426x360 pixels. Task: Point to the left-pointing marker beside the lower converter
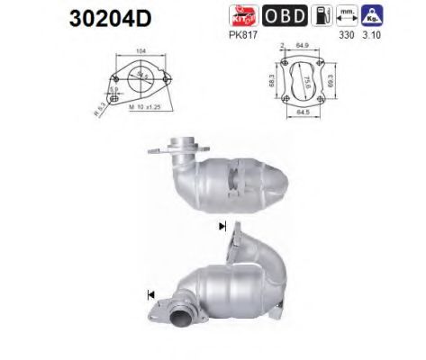(149, 293)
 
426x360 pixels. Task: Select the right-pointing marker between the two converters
(222, 227)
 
